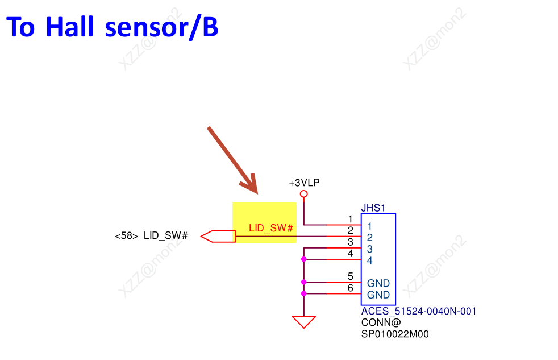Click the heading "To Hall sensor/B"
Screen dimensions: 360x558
[112, 27]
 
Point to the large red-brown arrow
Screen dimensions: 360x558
[233, 160]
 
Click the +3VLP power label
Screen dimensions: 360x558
[304, 183]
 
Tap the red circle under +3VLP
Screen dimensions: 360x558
[304, 195]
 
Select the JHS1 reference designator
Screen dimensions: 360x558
[373, 208]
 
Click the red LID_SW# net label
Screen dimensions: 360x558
[271, 228]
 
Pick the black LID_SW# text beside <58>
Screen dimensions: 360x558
[165, 235]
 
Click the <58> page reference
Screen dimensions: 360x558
[126, 235]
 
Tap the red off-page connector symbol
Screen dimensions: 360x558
[218, 236]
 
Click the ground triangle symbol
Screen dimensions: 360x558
[304, 322]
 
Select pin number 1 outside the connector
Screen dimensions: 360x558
[350, 219]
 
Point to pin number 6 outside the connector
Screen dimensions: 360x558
[350, 288]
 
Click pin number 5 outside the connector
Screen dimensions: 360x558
[350, 277]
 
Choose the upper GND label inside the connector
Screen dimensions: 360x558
[378, 283]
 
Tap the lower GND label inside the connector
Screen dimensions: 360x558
[378, 295]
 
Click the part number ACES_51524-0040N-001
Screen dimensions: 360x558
[419, 311]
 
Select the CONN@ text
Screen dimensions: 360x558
[381, 322]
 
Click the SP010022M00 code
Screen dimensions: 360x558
[395, 334]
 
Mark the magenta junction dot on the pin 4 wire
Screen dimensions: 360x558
[304, 259]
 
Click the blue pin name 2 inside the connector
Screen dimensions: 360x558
[369, 238]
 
